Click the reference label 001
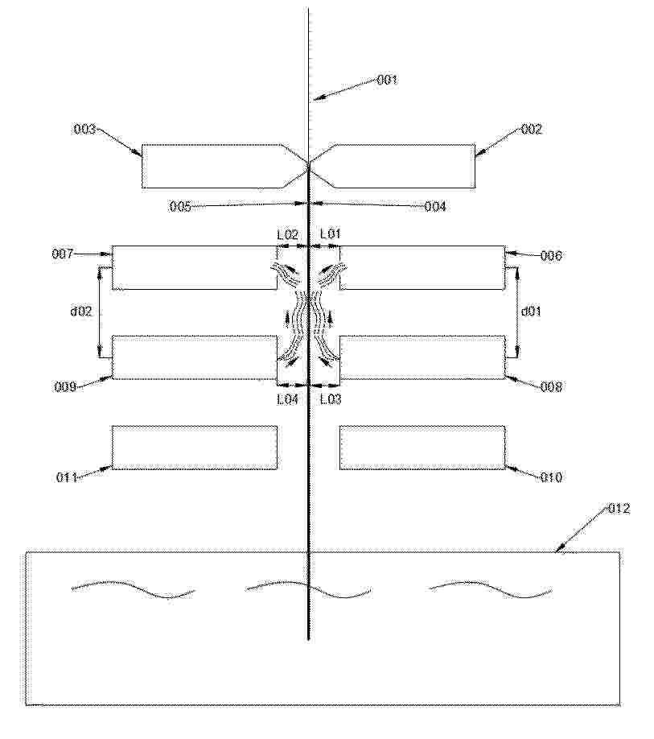(388, 80)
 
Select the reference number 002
(532, 129)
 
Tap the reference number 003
(84, 129)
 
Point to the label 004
(435, 206)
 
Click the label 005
(180, 206)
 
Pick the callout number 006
(551, 256)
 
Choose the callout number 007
(63, 254)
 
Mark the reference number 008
(551, 387)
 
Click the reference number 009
(65, 387)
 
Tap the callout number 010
(551, 477)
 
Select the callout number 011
(67, 477)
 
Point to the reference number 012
(619, 509)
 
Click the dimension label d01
(531, 312)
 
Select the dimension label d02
(81, 312)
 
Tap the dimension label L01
(330, 233)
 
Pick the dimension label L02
(287, 234)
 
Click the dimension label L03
(331, 399)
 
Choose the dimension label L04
(287, 399)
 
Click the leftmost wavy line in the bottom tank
(133, 588)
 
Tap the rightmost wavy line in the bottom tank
(490, 589)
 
